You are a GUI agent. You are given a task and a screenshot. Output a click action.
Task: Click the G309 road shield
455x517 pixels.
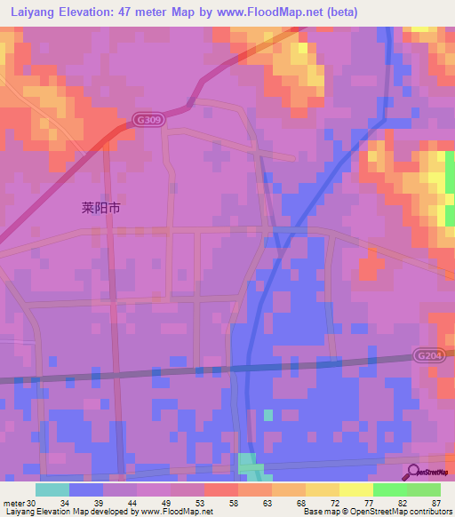click(x=148, y=118)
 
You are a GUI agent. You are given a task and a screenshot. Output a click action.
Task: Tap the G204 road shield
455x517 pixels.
click(x=427, y=355)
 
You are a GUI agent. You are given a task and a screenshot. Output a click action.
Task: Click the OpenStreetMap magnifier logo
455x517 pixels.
click(x=412, y=473)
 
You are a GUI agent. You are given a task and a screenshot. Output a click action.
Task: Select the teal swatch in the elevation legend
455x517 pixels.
click(x=52, y=489)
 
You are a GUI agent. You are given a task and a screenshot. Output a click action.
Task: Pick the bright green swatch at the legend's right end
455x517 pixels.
click(x=424, y=489)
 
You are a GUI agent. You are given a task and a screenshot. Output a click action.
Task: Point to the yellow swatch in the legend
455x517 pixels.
click(x=323, y=489)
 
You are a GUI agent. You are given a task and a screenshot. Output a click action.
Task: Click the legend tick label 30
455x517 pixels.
click(x=32, y=502)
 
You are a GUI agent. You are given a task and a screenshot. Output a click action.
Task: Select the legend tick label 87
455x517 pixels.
click(x=435, y=502)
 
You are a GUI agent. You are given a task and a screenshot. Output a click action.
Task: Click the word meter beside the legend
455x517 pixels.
click(x=13, y=502)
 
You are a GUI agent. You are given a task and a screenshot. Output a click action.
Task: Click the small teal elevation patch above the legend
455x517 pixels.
click(x=249, y=465)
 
